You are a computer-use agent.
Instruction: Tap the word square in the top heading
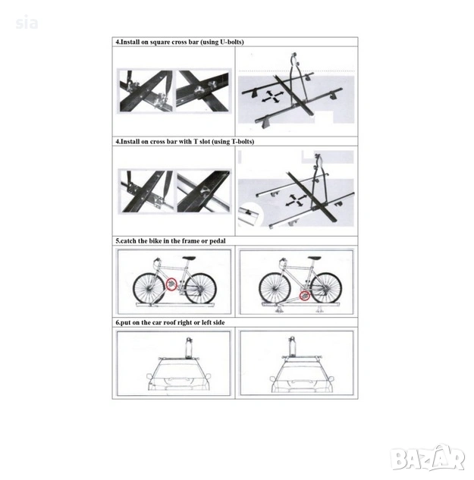tap(159, 42)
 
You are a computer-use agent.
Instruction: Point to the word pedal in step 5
tap(218, 241)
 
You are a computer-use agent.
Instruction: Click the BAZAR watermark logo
tap(428, 457)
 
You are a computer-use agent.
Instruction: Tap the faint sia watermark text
tap(27, 24)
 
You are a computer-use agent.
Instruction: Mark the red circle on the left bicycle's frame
tap(171, 284)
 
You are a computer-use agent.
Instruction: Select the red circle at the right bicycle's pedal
tap(304, 296)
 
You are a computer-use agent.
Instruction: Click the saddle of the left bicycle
tap(189, 258)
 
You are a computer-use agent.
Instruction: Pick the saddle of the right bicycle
tap(315, 258)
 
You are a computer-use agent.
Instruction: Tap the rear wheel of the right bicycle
tap(325, 288)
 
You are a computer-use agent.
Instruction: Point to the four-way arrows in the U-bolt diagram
tap(271, 96)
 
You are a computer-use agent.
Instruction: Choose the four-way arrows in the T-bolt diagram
tap(296, 200)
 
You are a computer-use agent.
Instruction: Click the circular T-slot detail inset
tap(250, 215)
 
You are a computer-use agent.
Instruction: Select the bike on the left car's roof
tap(190, 347)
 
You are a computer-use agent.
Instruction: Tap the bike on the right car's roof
tap(292, 347)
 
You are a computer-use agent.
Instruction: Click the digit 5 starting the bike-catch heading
tap(118, 241)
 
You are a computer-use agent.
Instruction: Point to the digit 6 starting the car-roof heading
tap(118, 322)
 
